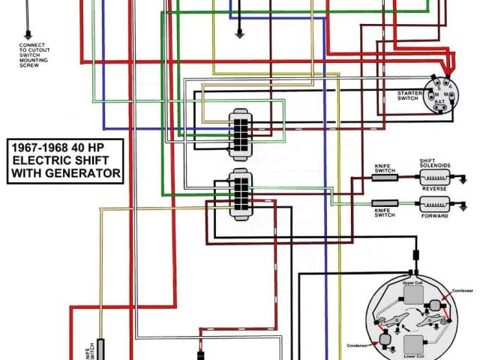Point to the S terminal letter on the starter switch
coord(438,86)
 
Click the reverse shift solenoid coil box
coord(435,178)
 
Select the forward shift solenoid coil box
coord(435,204)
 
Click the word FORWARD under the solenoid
coord(435,216)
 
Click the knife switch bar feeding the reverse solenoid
coord(385,178)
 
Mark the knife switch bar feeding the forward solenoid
coord(385,203)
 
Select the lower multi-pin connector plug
coord(241,193)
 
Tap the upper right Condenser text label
coord(462,291)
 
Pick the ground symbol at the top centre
coord(239,33)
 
